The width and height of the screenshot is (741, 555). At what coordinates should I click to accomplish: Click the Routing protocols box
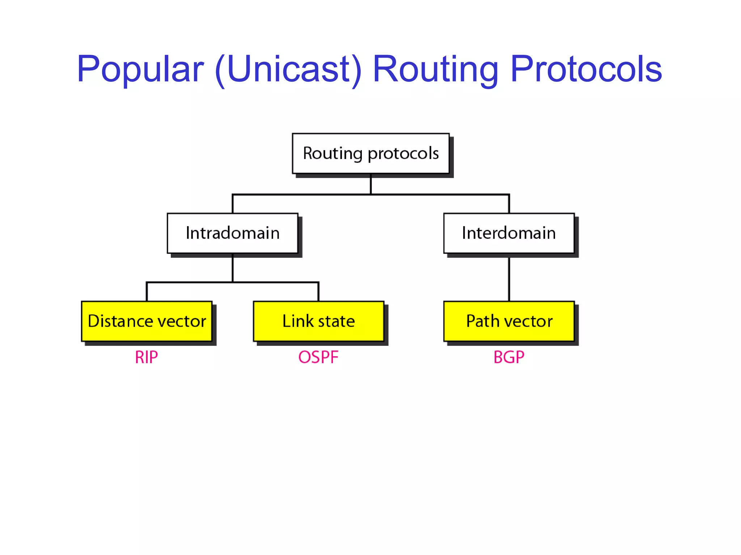[x=370, y=154]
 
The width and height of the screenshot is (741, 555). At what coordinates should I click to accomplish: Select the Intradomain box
[x=232, y=233]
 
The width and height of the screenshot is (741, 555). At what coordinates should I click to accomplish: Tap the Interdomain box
[x=509, y=233]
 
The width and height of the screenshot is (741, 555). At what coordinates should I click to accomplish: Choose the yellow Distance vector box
[x=147, y=321]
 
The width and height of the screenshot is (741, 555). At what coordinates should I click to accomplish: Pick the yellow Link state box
[x=318, y=321]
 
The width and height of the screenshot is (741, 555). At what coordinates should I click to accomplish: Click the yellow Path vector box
[x=509, y=321]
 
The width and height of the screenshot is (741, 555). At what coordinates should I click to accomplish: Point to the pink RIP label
[x=146, y=357]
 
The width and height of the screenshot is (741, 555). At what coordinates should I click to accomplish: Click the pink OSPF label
[x=318, y=357]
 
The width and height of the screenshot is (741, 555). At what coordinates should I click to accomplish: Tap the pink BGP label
[x=509, y=357]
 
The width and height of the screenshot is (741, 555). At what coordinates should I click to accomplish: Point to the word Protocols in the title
[x=586, y=69]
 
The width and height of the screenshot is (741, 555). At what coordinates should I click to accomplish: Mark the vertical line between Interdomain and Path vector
[x=509, y=278]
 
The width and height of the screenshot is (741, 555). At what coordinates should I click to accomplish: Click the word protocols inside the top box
[x=403, y=154]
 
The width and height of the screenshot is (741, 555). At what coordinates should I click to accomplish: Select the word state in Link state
[x=336, y=321]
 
